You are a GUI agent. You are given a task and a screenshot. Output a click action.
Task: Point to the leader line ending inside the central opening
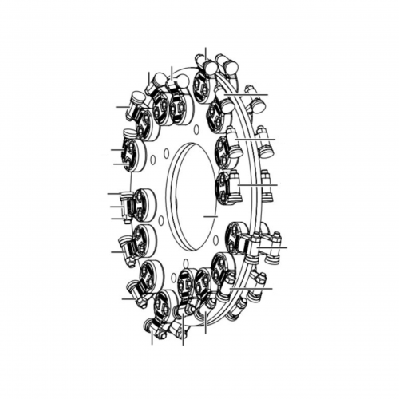tap(210, 216)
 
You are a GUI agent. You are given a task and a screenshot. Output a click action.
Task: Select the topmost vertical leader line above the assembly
tap(205, 54)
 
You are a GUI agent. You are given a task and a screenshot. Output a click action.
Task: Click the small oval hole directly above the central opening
tap(195, 128)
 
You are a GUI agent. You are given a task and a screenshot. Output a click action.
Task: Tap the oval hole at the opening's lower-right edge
tap(215, 239)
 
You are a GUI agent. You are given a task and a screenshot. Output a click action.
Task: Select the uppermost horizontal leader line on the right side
tap(255, 95)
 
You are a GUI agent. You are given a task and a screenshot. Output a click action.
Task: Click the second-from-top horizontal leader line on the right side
tap(259, 140)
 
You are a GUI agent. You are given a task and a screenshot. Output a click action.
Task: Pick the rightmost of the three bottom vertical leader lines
tap(205, 323)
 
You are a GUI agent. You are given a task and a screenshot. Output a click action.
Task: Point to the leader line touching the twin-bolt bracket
tap(279, 249)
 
